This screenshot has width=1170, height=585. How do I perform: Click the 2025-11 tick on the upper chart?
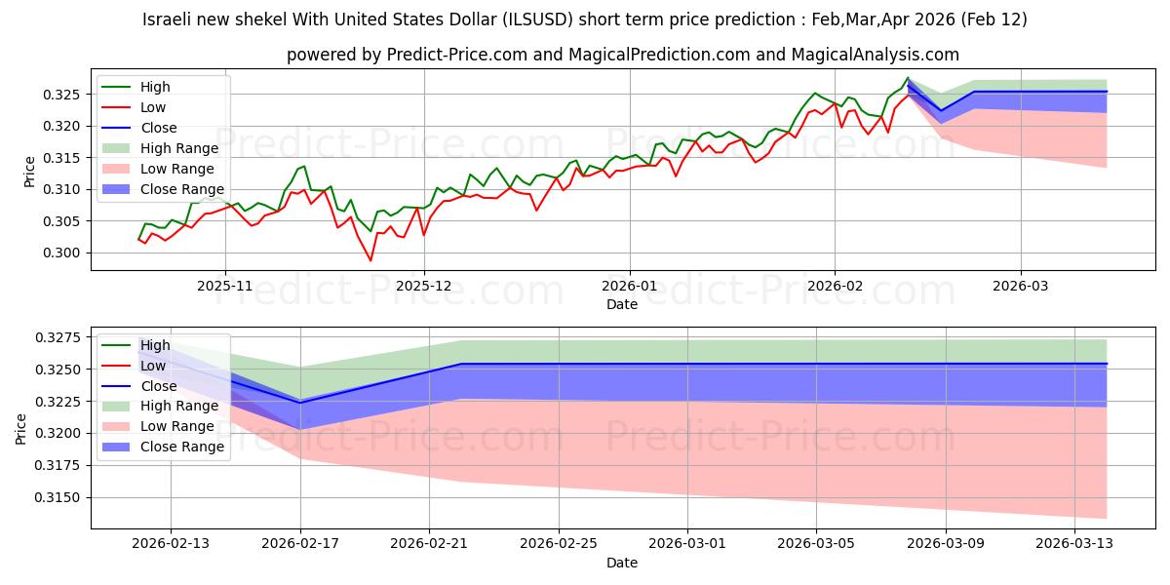pos(225,286)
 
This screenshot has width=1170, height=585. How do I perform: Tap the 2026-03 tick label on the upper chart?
pos(1021,286)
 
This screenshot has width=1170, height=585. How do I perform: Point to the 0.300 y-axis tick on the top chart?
pos(72,253)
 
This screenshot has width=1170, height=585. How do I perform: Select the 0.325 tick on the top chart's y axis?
pos(72,95)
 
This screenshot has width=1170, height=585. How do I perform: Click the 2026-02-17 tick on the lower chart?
pos(299,543)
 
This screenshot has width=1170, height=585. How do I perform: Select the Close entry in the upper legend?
pos(159,128)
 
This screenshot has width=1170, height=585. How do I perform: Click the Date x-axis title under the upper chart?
pos(622,304)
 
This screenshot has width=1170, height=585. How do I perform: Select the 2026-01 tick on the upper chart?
pos(629,286)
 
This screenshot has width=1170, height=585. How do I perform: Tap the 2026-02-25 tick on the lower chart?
pos(558,543)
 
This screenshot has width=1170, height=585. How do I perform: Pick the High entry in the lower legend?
pos(155,345)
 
